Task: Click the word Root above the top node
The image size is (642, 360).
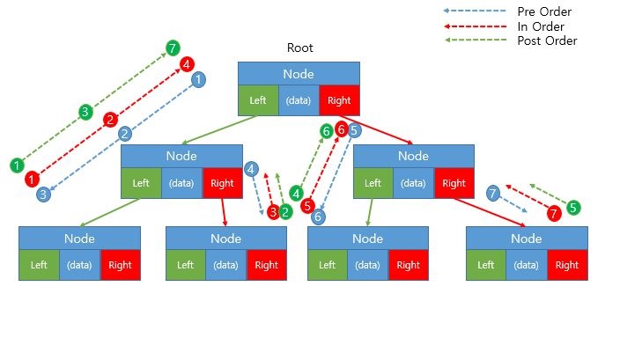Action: click(x=299, y=48)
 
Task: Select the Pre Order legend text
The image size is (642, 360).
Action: click(x=545, y=11)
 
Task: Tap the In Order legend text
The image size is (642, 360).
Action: click(x=541, y=26)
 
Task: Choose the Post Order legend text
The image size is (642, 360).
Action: click(x=547, y=40)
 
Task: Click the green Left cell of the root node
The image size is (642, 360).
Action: click(x=258, y=100)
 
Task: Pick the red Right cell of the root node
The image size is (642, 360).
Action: click(x=339, y=100)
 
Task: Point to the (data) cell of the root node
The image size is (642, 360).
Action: click(x=299, y=100)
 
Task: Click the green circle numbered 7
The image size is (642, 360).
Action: click(x=173, y=48)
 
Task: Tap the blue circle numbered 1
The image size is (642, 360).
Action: click(x=199, y=79)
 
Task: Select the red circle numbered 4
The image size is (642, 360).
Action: click(x=186, y=64)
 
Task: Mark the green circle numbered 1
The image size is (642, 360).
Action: click(x=17, y=165)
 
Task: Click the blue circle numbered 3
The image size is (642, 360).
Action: click(x=42, y=195)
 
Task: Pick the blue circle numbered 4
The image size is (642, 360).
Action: click(x=252, y=168)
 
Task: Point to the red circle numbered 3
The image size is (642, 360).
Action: click(x=273, y=212)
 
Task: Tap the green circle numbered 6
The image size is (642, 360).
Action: click(x=327, y=131)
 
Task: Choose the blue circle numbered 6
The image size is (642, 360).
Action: click(x=318, y=217)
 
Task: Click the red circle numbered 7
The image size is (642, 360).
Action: click(x=553, y=214)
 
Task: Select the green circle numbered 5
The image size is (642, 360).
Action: click(x=573, y=208)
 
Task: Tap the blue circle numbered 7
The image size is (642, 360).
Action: click(x=493, y=192)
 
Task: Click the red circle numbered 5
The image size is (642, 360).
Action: click(x=307, y=206)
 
